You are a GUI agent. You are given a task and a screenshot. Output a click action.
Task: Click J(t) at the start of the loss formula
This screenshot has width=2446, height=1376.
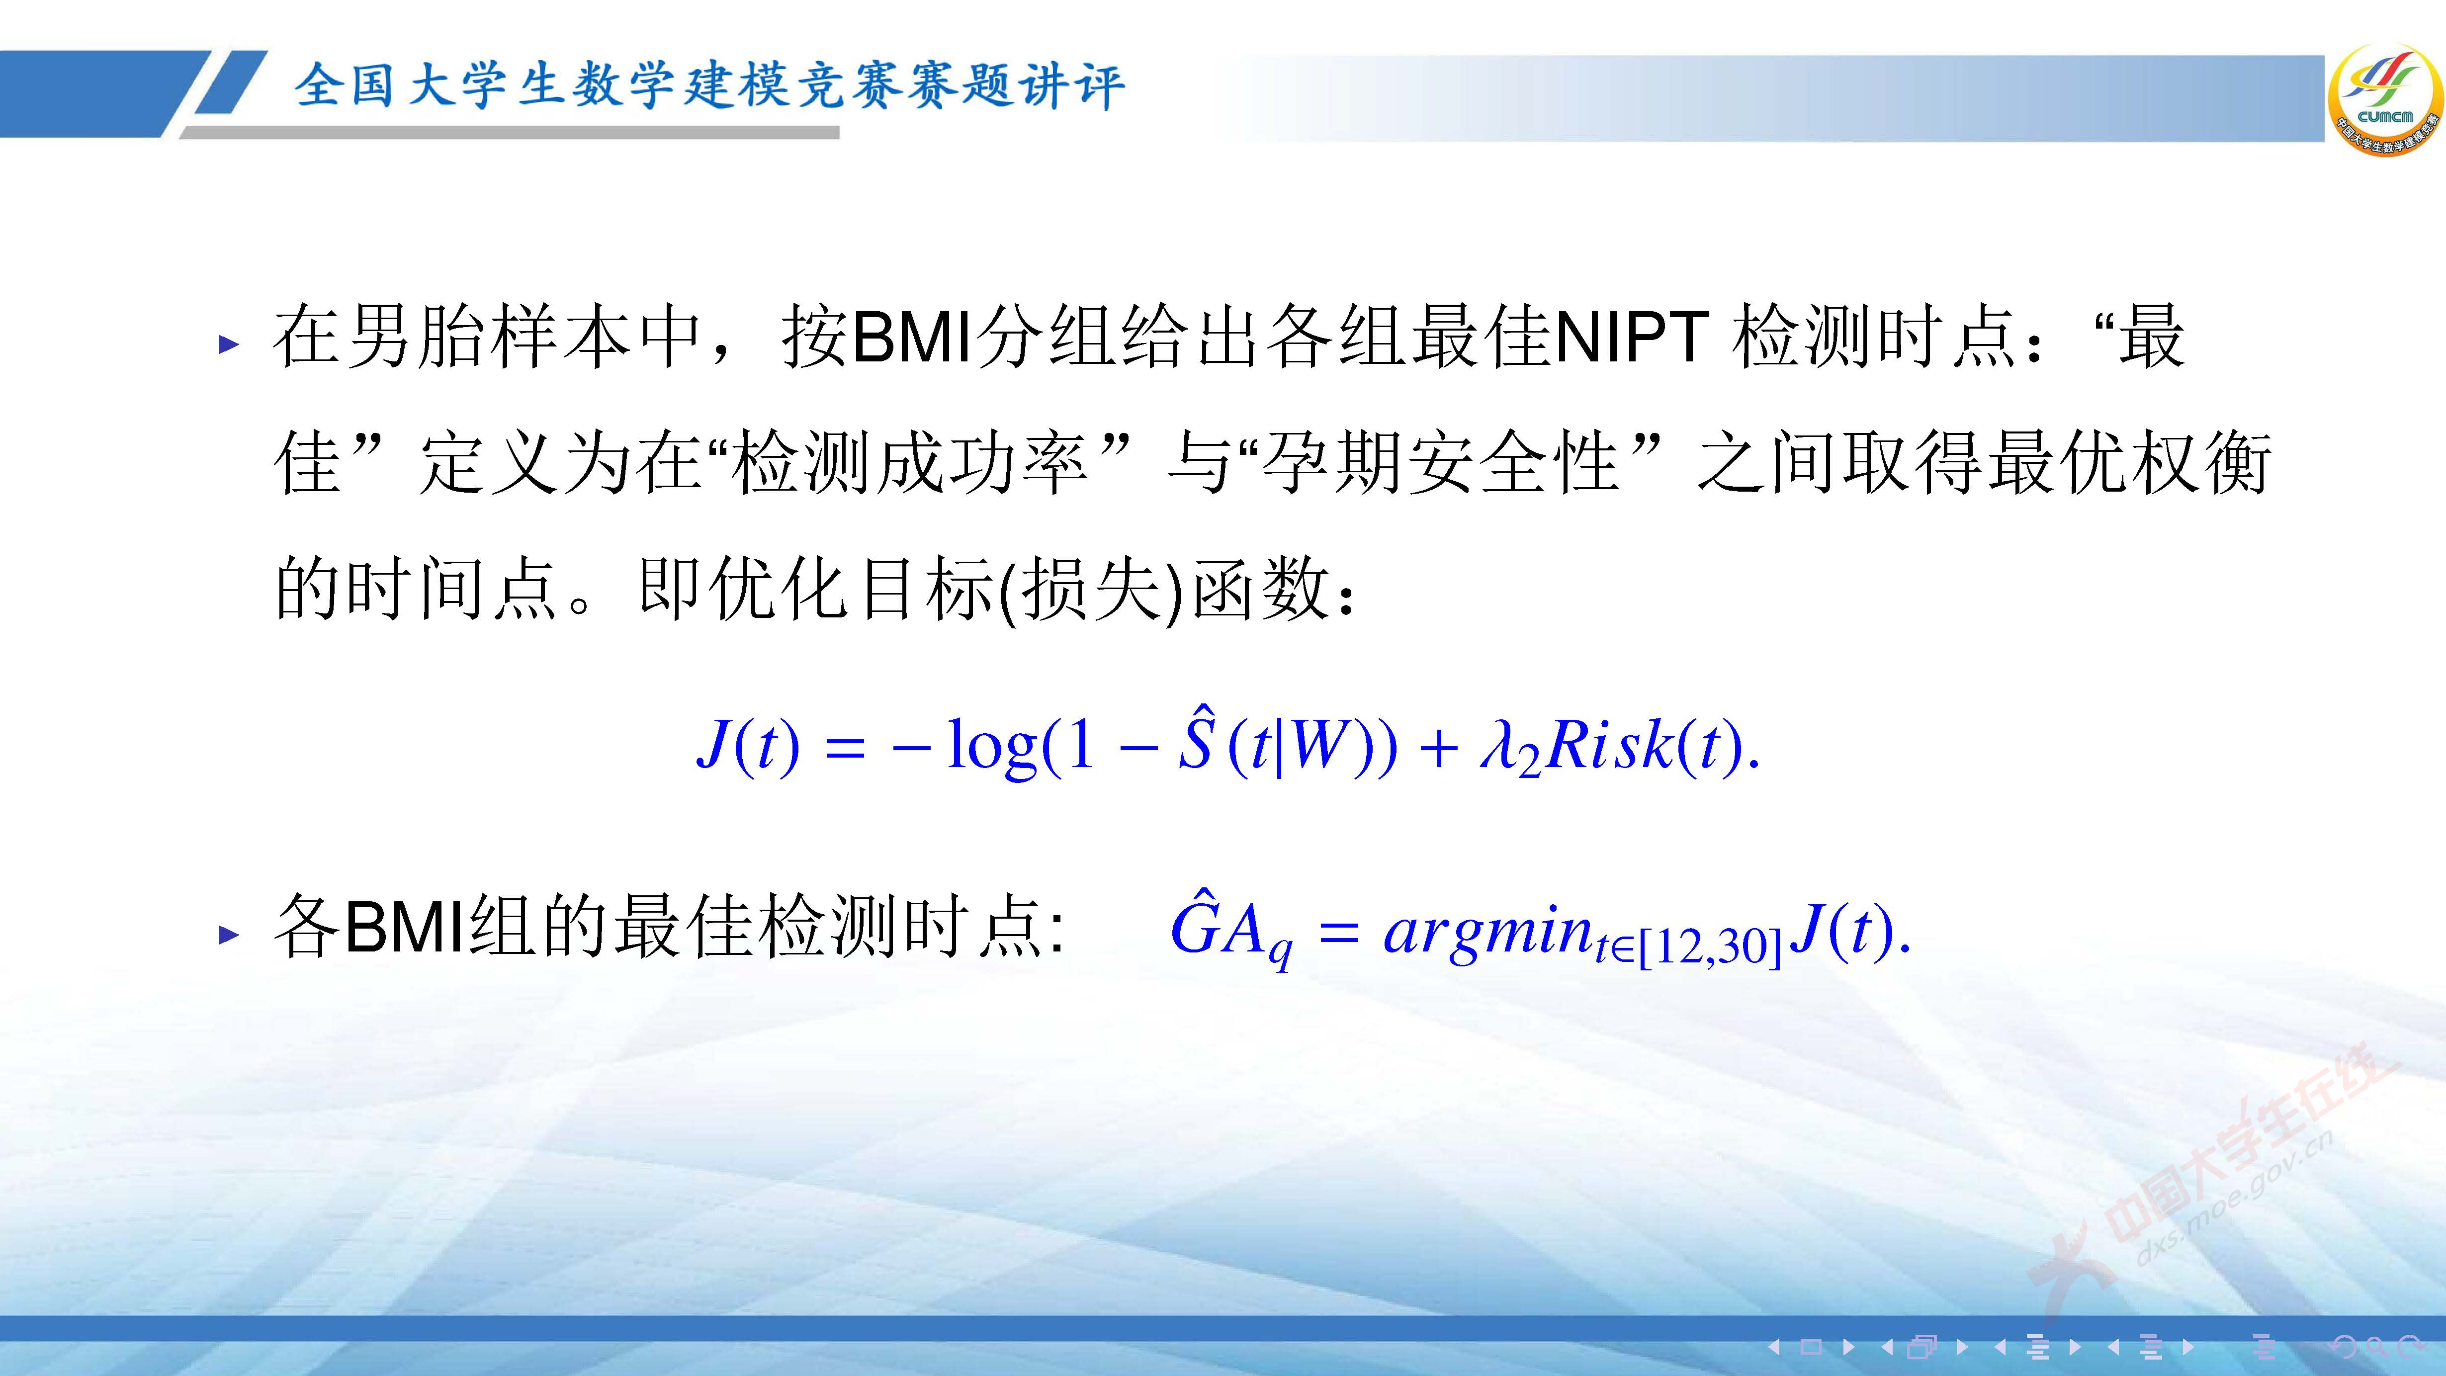coord(748,746)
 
